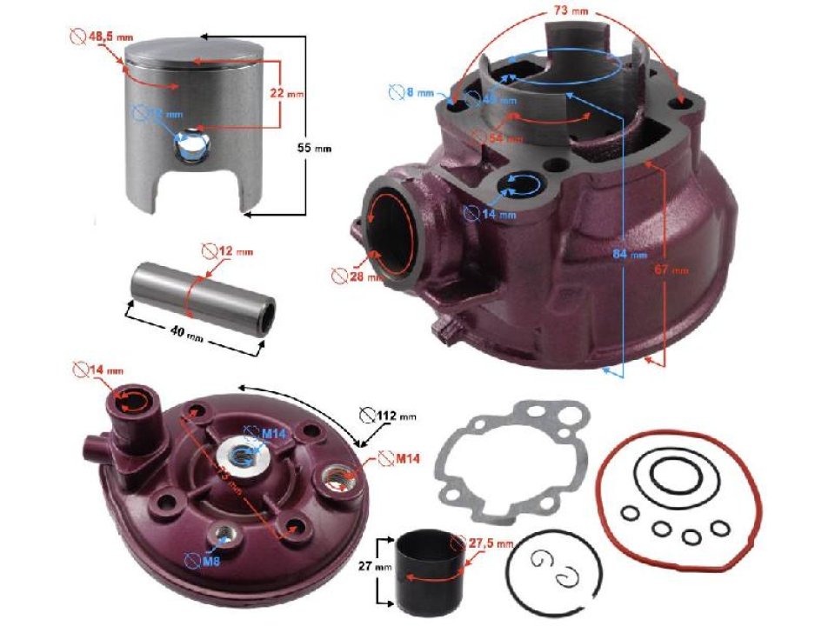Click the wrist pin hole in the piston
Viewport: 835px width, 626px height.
coord(187,148)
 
